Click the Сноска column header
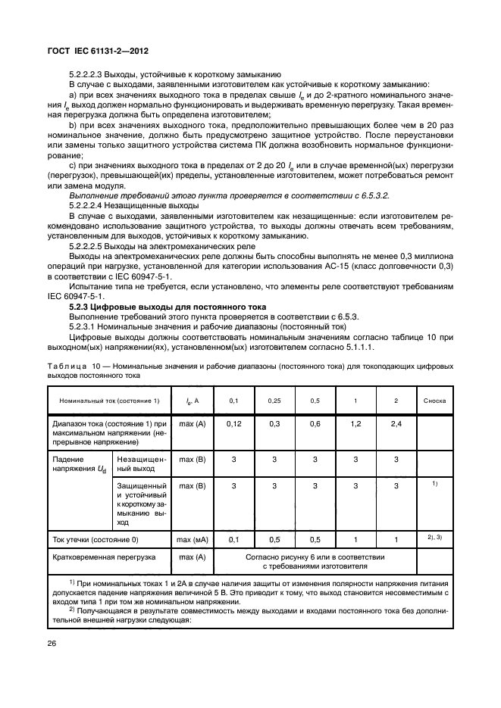pyautogui.click(x=434, y=400)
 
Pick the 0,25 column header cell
pyautogui.click(x=274, y=400)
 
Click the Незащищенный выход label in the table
pyautogui.click(x=139, y=464)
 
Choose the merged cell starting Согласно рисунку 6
pyautogui.click(x=315, y=561)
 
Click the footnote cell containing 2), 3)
pyautogui.click(x=434, y=538)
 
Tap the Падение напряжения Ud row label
pyautogui.click(x=79, y=464)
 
